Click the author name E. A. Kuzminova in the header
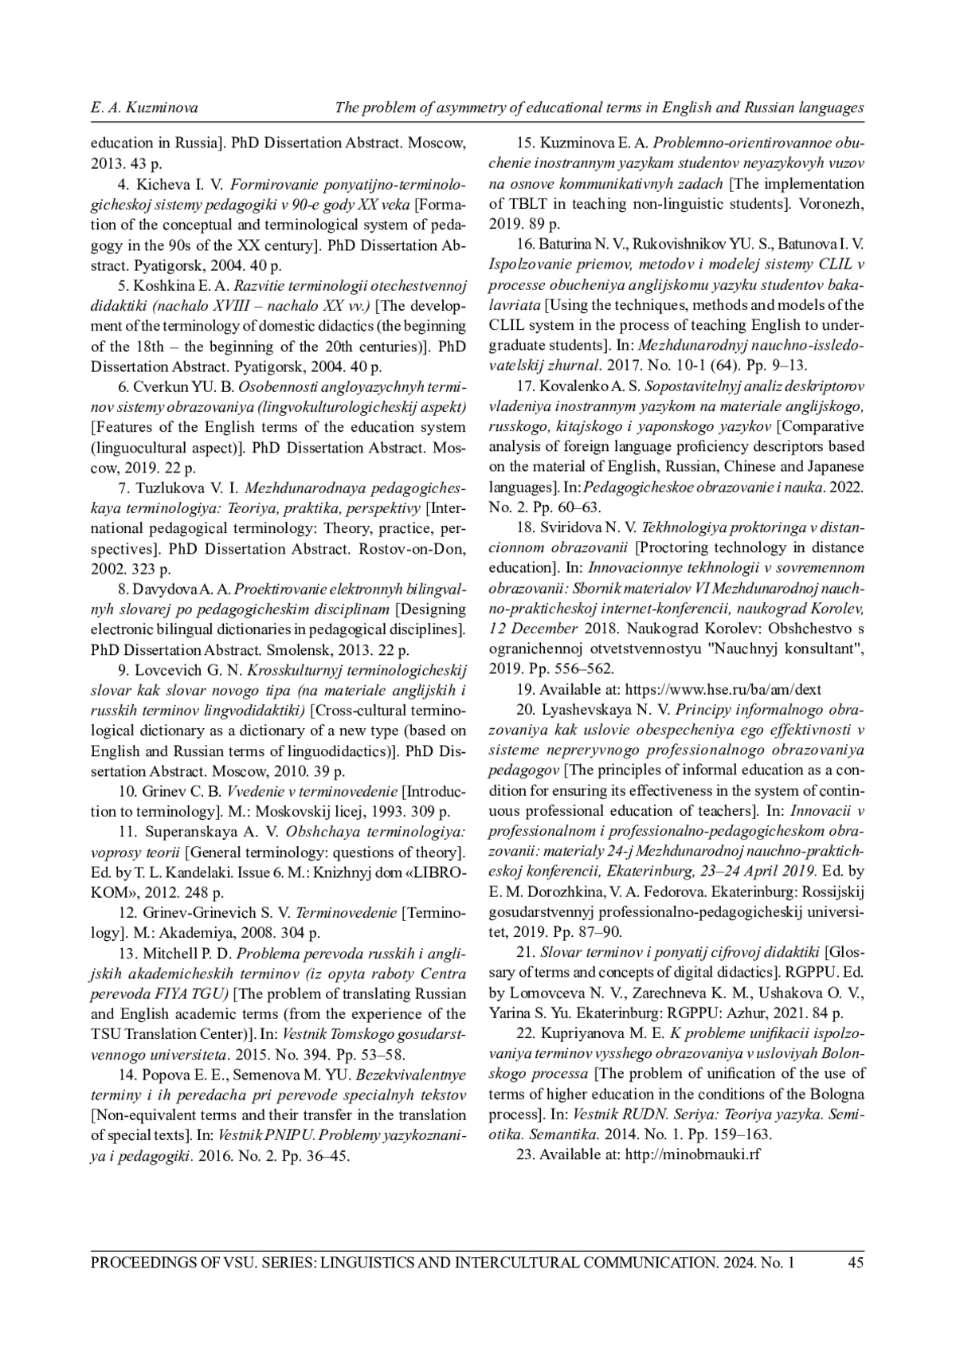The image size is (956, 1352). point(144,108)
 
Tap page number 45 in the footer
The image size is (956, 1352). point(856,1262)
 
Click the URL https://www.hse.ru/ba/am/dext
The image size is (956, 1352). point(723,690)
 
